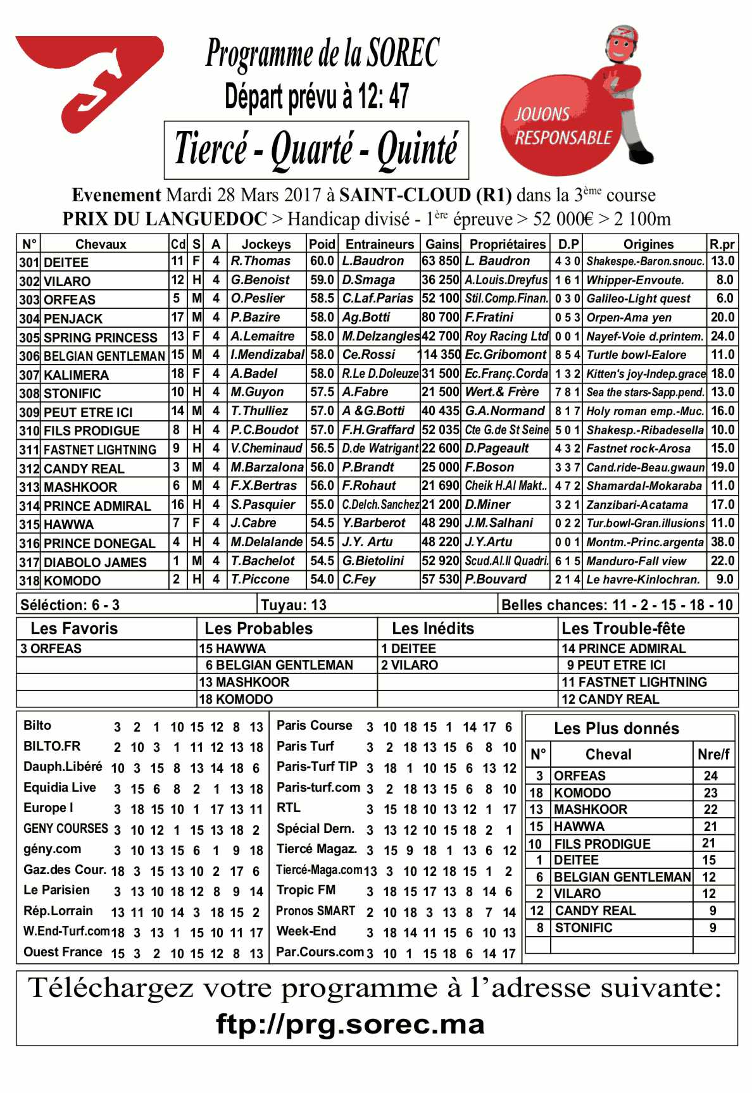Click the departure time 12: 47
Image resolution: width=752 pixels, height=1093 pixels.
click(384, 97)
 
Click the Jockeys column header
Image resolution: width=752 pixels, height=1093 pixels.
click(266, 244)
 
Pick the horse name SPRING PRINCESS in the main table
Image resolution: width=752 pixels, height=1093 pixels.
click(100, 337)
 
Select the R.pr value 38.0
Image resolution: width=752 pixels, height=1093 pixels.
click(722, 542)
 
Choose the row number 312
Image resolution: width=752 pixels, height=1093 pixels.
click(29, 468)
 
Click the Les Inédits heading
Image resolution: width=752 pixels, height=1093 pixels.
click(433, 628)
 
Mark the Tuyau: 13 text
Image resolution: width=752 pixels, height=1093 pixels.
click(294, 605)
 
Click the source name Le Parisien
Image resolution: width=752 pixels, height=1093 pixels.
click(56, 890)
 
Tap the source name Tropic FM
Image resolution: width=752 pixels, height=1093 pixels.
click(306, 890)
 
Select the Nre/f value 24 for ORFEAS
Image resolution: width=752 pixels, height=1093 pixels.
click(711, 776)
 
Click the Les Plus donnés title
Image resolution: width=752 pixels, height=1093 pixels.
click(617, 728)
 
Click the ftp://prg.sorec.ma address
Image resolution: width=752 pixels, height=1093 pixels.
click(350, 1024)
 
